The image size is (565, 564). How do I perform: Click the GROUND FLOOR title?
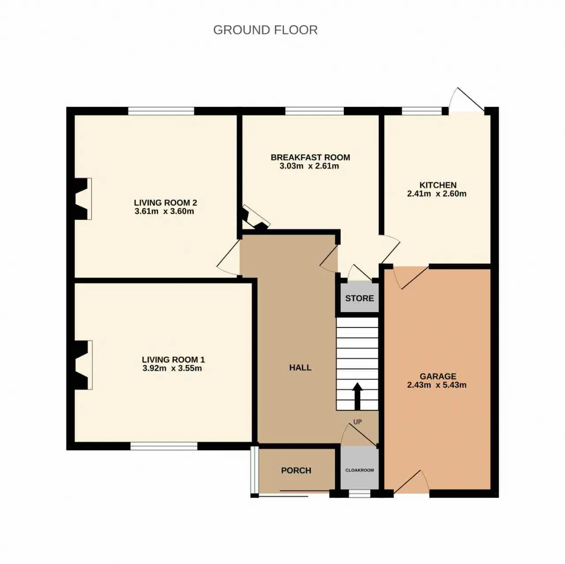coord(265,30)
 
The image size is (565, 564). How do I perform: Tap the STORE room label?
coord(359,298)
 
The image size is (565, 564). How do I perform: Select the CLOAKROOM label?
coord(359,470)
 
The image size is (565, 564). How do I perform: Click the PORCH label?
coord(296,470)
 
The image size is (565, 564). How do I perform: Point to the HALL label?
coord(300,368)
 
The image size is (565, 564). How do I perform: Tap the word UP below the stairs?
coord(358,421)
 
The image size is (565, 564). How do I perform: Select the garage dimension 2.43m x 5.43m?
coord(437,385)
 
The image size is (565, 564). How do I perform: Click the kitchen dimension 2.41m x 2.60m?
coord(437,194)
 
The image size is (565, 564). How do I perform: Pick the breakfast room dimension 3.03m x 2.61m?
coord(309,166)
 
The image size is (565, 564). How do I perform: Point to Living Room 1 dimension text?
coord(172,368)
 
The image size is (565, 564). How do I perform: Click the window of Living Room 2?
coord(161,111)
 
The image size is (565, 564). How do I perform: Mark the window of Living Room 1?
coord(164,446)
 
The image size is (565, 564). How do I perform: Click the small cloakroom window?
coord(359,493)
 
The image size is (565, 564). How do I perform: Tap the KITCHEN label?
coord(438,185)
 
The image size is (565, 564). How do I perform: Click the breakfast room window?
coord(314,111)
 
